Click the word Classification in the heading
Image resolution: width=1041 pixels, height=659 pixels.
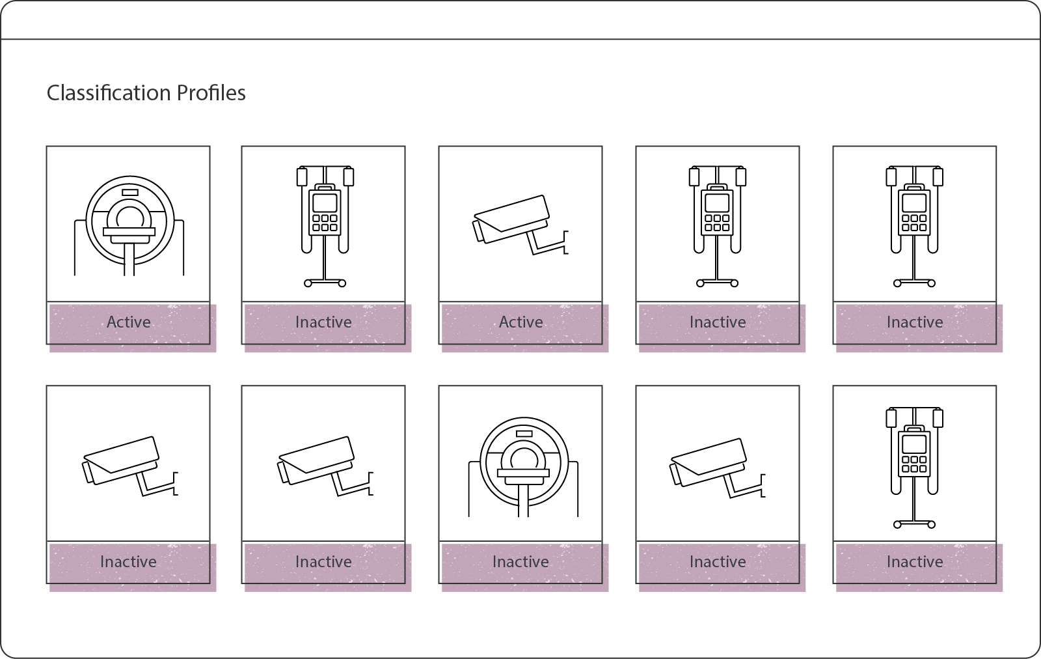109,93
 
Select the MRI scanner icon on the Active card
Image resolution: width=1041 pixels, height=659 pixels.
129,225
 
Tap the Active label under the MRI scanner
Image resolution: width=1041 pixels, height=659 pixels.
129,322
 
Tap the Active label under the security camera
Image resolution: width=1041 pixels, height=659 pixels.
521,322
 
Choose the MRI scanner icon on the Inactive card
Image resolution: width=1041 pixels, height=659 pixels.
523,467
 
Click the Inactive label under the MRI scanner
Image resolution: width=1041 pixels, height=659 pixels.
520,561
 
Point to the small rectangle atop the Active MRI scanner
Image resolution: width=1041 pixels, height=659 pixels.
130,192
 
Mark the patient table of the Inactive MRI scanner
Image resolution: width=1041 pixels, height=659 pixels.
523,473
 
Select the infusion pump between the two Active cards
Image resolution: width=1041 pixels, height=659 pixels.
325,226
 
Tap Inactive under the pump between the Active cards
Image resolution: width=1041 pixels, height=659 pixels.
323,322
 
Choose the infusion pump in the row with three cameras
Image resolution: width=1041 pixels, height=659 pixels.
914,468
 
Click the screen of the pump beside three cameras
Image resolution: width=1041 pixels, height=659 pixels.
914,444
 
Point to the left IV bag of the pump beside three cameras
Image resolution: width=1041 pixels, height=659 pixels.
891,418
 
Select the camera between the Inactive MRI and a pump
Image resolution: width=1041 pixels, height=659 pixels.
718,468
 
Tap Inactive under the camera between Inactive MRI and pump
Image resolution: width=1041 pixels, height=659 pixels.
718,561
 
